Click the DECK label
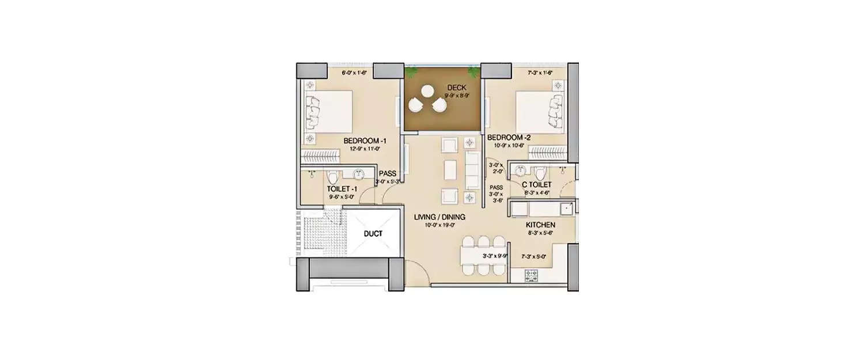pyautogui.click(x=456, y=88)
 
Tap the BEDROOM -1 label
pyautogui.click(x=365, y=141)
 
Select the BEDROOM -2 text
pyautogui.click(x=509, y=138)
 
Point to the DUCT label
pyautogui.click(x=373, y=233)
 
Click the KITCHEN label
pyautogui.click(x=540, y=225)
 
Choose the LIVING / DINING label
pyautogui.click(x=439, y=217)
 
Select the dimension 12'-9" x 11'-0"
pyautogui.click(x=365, y=149)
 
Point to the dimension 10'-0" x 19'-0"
pyautogui.click(x=440, y=225)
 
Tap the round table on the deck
pyautogui.click(x=427, y=91)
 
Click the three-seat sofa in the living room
pyautogui.click(x=472, y=170)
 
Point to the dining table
pyautogui.click(x=483, y=255)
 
